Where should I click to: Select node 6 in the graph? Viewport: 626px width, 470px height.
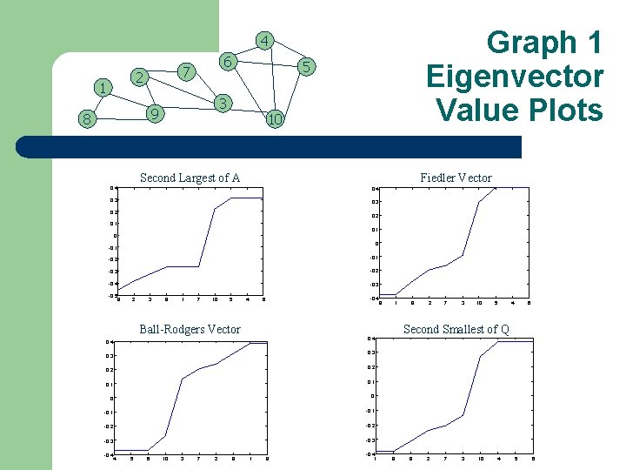click(226, 62)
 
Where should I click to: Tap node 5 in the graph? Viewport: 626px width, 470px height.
click(306, 66)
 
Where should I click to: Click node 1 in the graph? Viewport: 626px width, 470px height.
click(103, 88)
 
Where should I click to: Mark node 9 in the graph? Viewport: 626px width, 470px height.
click(153, 113)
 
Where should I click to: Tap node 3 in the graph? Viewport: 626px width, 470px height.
click(223, 104)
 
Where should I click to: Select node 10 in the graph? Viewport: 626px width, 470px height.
click(275, 119)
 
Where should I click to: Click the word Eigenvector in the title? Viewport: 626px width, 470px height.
click(515, 77)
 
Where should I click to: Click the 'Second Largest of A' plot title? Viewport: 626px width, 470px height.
click(190, 178)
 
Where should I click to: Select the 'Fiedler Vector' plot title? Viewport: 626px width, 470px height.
click(456, 178)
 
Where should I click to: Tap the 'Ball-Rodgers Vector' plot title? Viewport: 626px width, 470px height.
click(190, 329)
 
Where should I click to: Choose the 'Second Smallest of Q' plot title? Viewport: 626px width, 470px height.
click(456, 329)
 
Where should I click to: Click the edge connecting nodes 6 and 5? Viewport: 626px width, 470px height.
click(266, 64)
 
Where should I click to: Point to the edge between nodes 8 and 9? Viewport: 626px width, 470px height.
click(119, 117)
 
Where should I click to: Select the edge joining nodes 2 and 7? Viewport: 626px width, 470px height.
click(161, 74)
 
